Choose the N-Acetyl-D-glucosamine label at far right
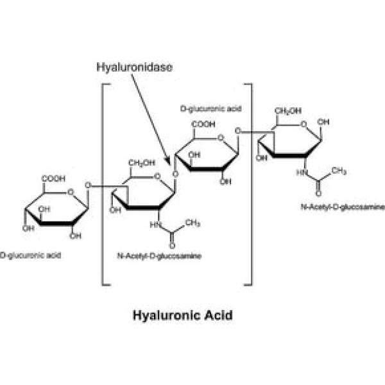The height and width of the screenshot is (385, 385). click(x=343, y=207)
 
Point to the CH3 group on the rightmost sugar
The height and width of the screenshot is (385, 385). click(x=339, y=171)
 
